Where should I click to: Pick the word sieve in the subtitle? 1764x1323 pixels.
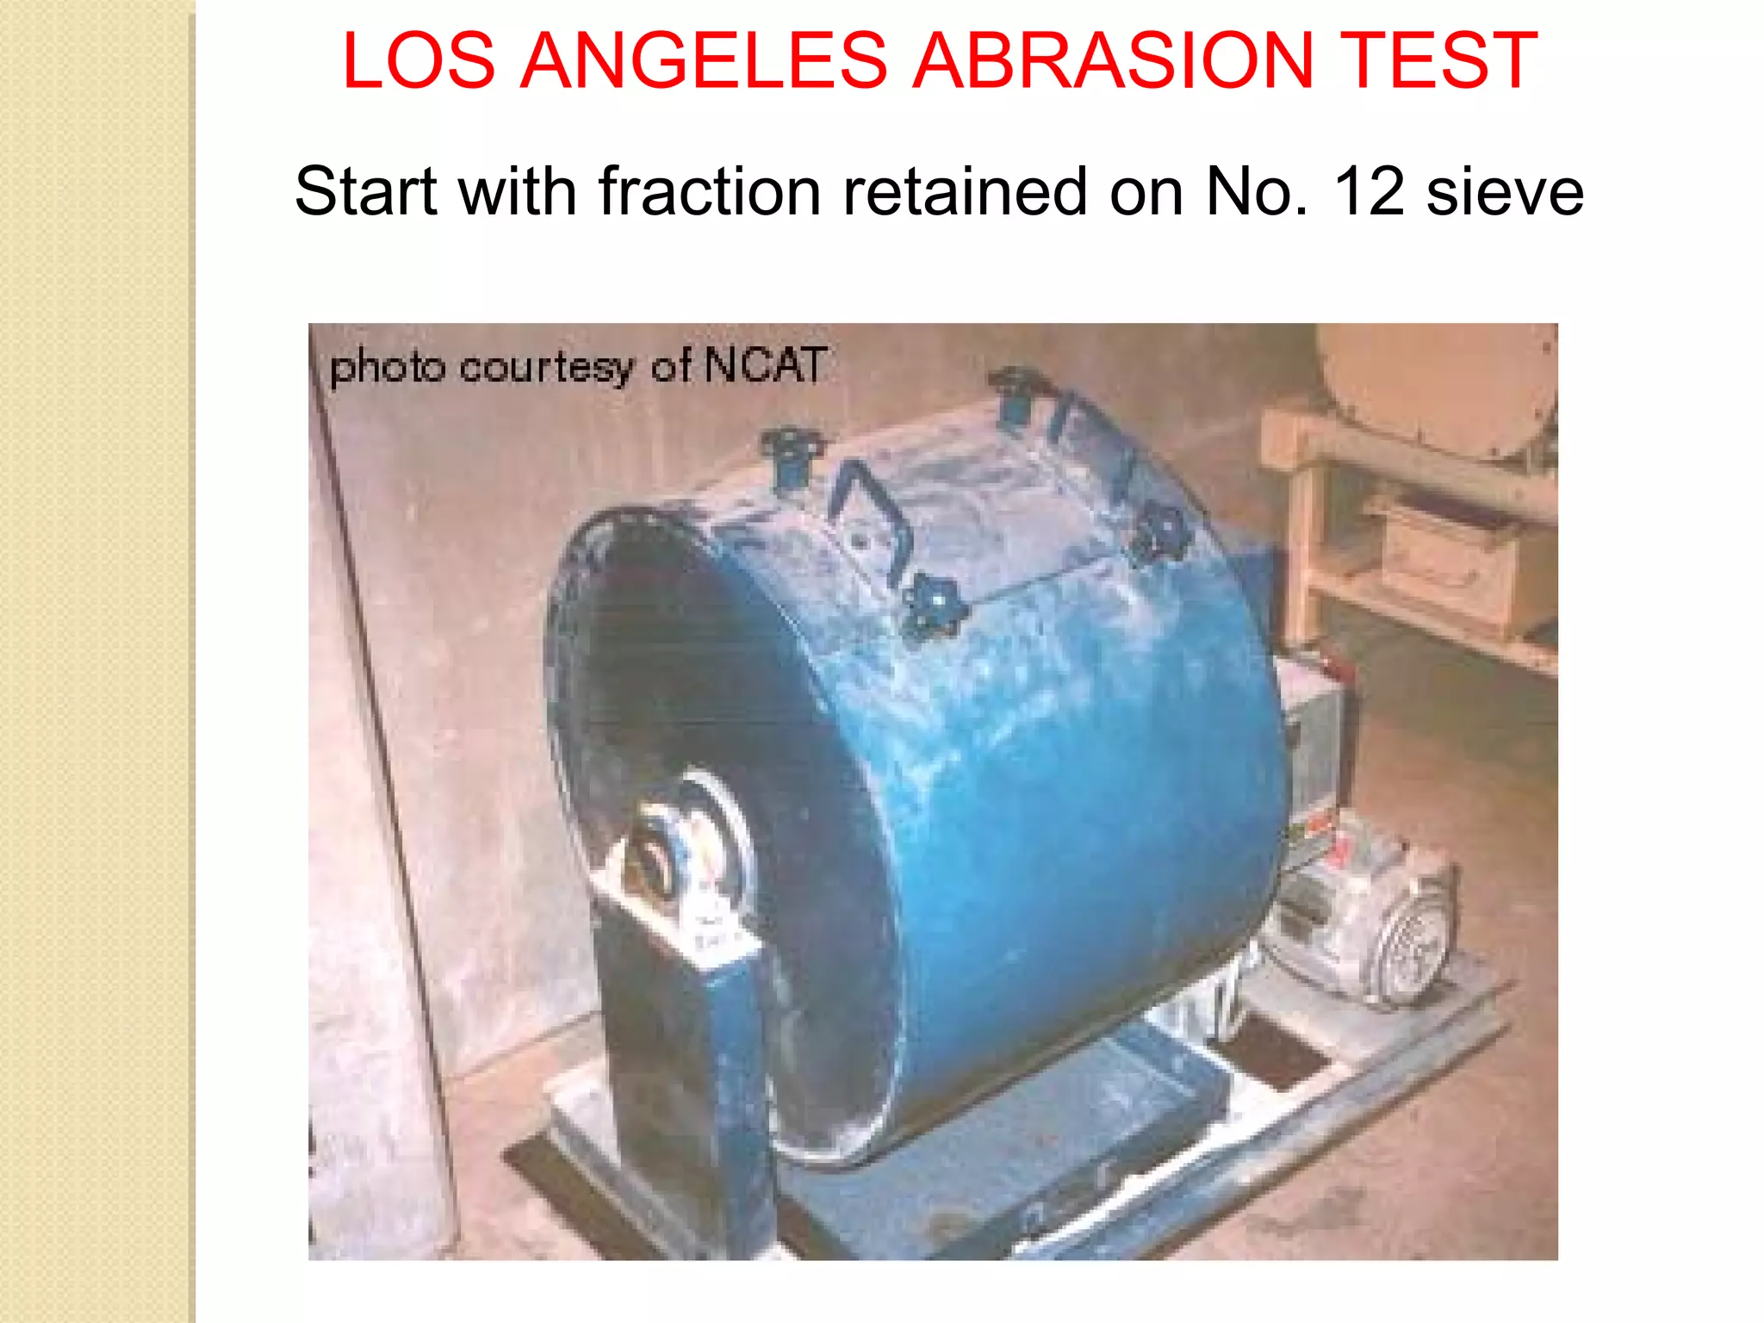point(1505,191)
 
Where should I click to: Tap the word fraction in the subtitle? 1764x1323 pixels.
point(710,191)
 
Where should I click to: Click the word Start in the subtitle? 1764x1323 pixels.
point(366,191)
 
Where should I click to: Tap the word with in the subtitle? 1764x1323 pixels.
point(518,191)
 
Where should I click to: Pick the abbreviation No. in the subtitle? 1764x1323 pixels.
point(1258,191)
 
